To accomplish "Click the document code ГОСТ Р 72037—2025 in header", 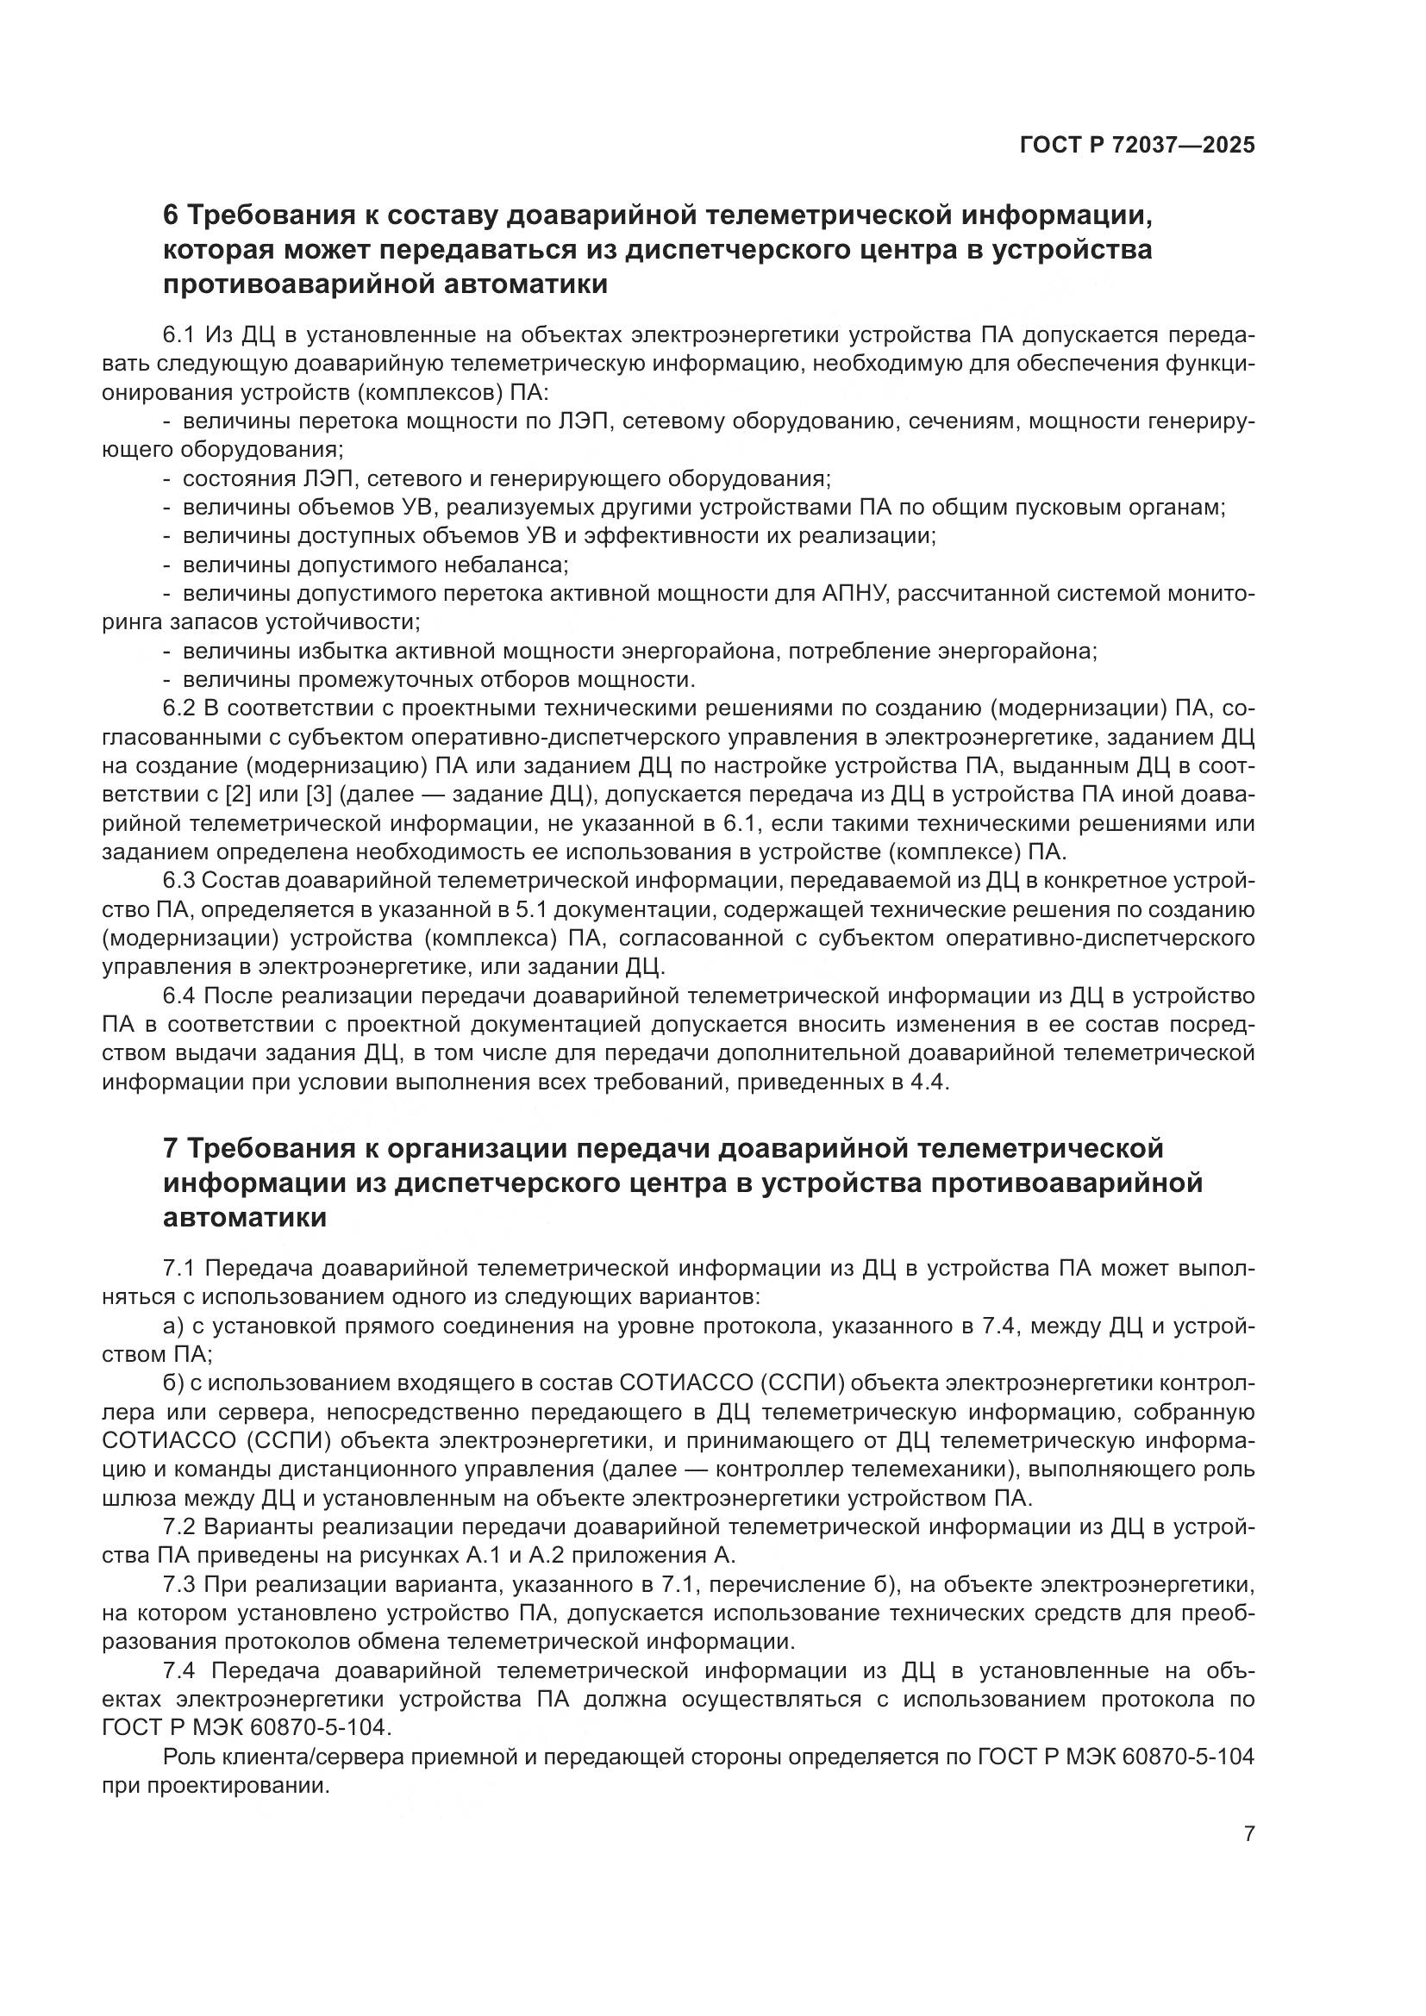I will pos(1137,145).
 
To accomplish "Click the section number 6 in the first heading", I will pos(172,215).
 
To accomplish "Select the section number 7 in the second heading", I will pos(172,1147).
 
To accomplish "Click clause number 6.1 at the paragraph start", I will pos(181,334).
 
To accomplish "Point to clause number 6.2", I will pos(181,708).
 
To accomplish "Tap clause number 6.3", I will pos(181,881).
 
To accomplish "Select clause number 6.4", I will pos(181,996).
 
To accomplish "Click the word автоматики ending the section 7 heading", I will pos(245,1218).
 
